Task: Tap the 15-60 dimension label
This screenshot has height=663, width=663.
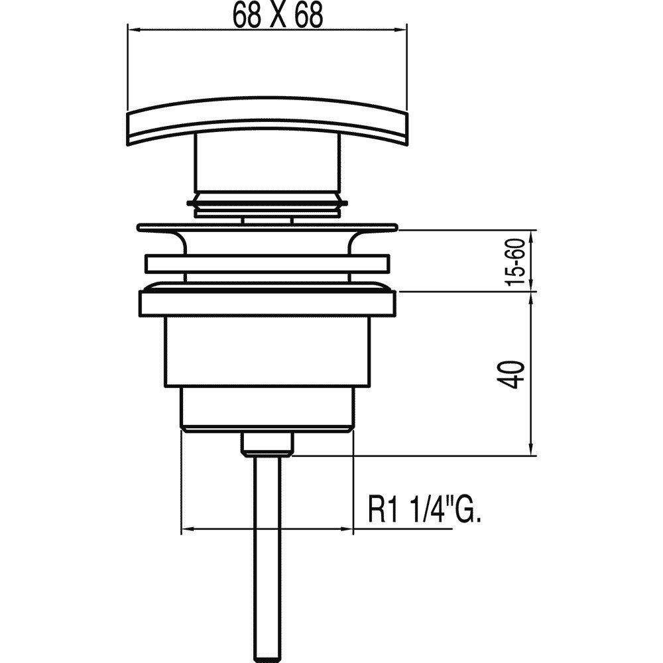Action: (x=515, y=262)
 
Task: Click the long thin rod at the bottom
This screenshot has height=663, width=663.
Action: (x=267, y=559)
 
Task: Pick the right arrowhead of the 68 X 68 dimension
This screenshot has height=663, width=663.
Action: (x=401, y=29)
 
